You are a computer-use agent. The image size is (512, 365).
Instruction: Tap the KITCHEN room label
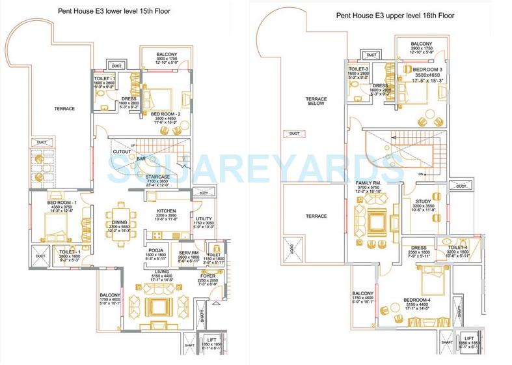click(x=168, y=211)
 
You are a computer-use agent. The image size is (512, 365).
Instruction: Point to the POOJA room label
click(x=155, y=249)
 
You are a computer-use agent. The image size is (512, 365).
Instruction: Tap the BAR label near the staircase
click(x=141, y=159)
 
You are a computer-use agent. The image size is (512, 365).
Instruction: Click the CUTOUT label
click(x=122, y=151)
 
